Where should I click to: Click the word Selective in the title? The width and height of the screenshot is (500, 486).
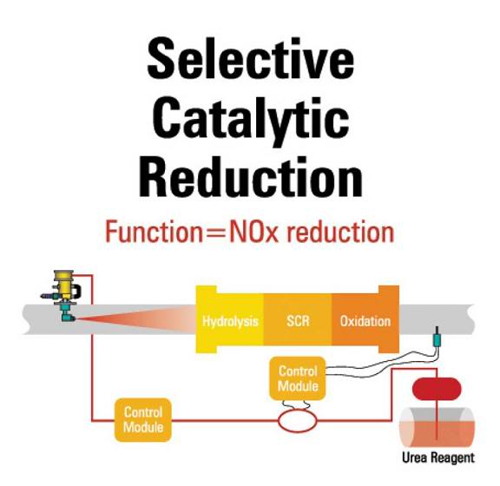coord(251,58)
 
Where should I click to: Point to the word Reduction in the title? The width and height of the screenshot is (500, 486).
coord(251,176)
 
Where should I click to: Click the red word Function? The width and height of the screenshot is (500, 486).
coord(154,232)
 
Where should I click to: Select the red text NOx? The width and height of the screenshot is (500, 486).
coord(253,232)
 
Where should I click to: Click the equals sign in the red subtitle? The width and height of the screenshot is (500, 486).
coord(216,233)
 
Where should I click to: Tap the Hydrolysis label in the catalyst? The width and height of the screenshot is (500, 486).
coord(230,321)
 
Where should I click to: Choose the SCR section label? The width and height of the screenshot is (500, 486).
coord(298,321)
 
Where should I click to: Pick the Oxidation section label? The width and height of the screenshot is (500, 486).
coord(365,321)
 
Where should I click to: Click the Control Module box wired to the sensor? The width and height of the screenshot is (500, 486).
coord(298,378)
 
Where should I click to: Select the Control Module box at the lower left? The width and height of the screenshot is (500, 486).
coord(143,420)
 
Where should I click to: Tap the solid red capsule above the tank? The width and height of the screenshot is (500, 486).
coord(437,389)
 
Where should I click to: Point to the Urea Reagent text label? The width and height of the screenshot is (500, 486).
coord(438,457)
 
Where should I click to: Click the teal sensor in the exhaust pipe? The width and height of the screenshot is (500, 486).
coord(437,338)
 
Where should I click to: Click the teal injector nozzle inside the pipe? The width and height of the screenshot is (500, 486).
coord(67,312)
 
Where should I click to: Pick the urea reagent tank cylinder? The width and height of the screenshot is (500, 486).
coord(437,427)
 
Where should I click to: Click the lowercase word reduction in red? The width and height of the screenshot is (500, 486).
coord(340,232)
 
